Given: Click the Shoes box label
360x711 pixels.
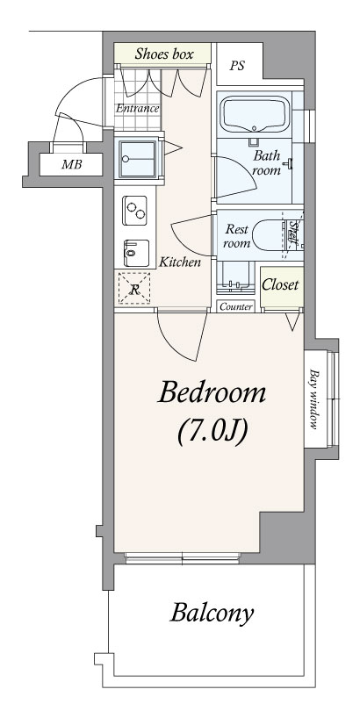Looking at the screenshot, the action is (164, 54).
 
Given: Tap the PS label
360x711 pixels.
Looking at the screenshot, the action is (237, 66).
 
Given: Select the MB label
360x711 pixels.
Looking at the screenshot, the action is (72, 164).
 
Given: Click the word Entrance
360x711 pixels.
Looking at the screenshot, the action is (137, 108).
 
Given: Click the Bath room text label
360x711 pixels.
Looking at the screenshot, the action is (267, 162).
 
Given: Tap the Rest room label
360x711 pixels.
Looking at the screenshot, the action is (237, 235).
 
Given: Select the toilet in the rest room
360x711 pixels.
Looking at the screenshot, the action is (270, 234).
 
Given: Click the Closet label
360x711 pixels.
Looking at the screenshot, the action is (281, 284).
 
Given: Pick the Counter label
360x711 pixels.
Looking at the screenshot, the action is (236, 307).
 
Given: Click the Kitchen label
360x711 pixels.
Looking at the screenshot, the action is (179, 262).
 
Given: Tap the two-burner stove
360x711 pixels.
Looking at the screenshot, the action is (134, 211).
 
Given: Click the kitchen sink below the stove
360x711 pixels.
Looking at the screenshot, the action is (135, 253).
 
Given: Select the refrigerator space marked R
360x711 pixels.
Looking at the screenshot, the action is (134, 289).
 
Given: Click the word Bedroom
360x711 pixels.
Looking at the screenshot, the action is (212, 392).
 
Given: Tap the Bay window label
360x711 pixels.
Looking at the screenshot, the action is (313, 399).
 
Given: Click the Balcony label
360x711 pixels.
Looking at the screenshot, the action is (212, 614).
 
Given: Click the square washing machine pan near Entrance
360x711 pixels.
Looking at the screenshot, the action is (137, 159).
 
